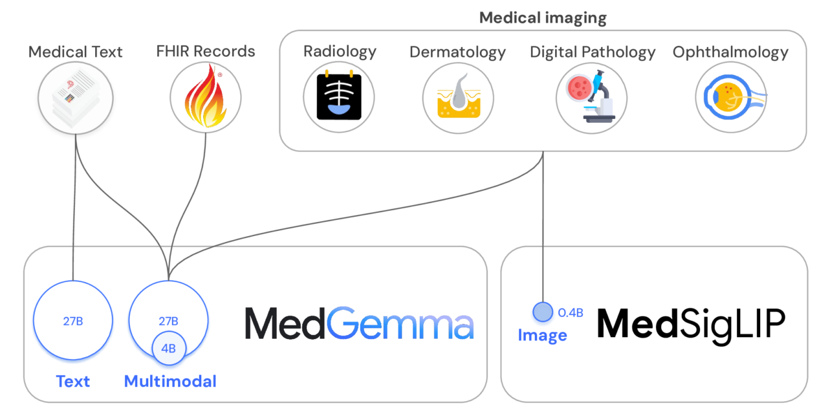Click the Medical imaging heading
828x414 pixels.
[x=543, y=17]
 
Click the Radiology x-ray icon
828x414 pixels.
[x=339, y=98]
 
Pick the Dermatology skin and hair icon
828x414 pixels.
[x=458, y=98]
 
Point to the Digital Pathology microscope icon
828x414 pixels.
[x=591, y=98]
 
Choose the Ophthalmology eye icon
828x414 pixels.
[x=731, y=98]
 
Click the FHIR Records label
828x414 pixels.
[x=206, y=51]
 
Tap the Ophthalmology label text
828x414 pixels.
[x=730, y=52]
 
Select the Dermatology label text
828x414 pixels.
[x=457, y=52]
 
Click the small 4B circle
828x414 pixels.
[x=168, y=349]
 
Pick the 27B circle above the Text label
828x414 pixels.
[x=72, y=320]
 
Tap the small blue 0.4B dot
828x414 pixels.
[x=542, y=312]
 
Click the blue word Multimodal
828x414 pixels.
[x=170, y=381]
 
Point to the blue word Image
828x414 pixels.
[x=542, y=335]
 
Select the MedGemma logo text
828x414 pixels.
[x=359, y=324]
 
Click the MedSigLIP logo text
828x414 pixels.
[x=691, y=324]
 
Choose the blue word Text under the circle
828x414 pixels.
[x=73, y=381]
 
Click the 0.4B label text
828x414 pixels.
[x=571, y=313]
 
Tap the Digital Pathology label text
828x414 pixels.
[x=593, y=52]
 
